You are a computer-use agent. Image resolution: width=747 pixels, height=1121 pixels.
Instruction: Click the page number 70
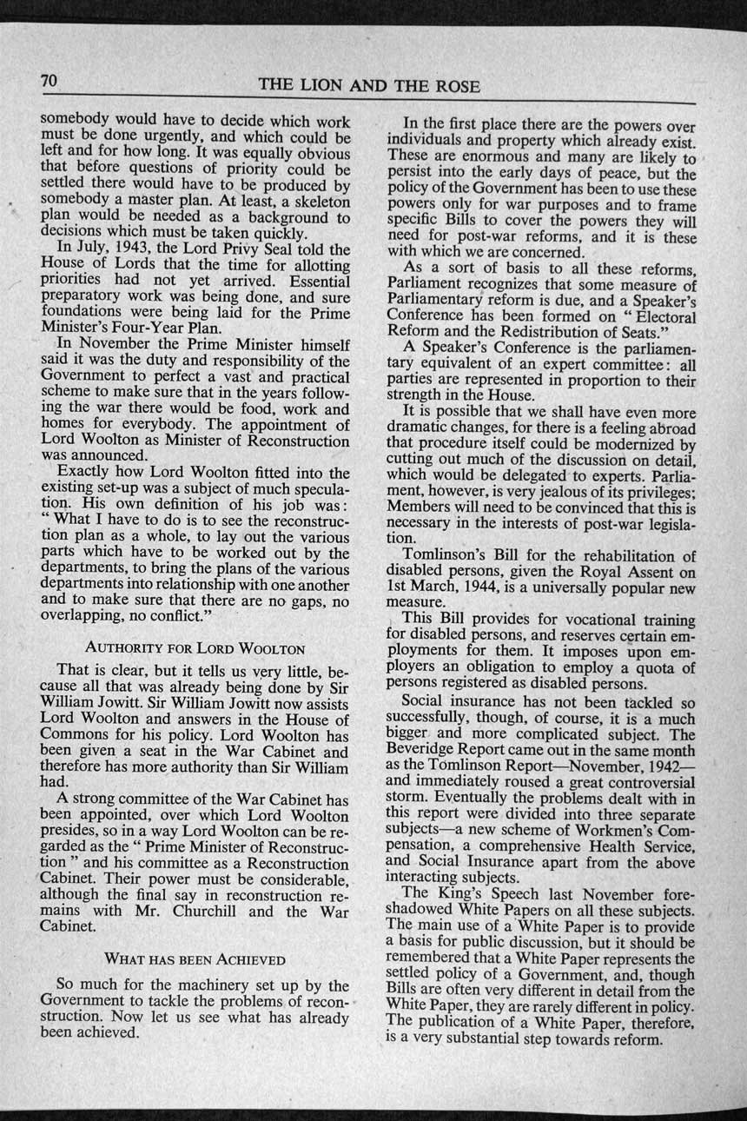(x=48, y=82)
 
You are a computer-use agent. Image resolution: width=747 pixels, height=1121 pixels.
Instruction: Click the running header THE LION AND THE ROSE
(x=369, y=86)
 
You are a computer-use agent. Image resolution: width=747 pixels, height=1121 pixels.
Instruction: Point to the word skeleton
(x=313, y=202)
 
